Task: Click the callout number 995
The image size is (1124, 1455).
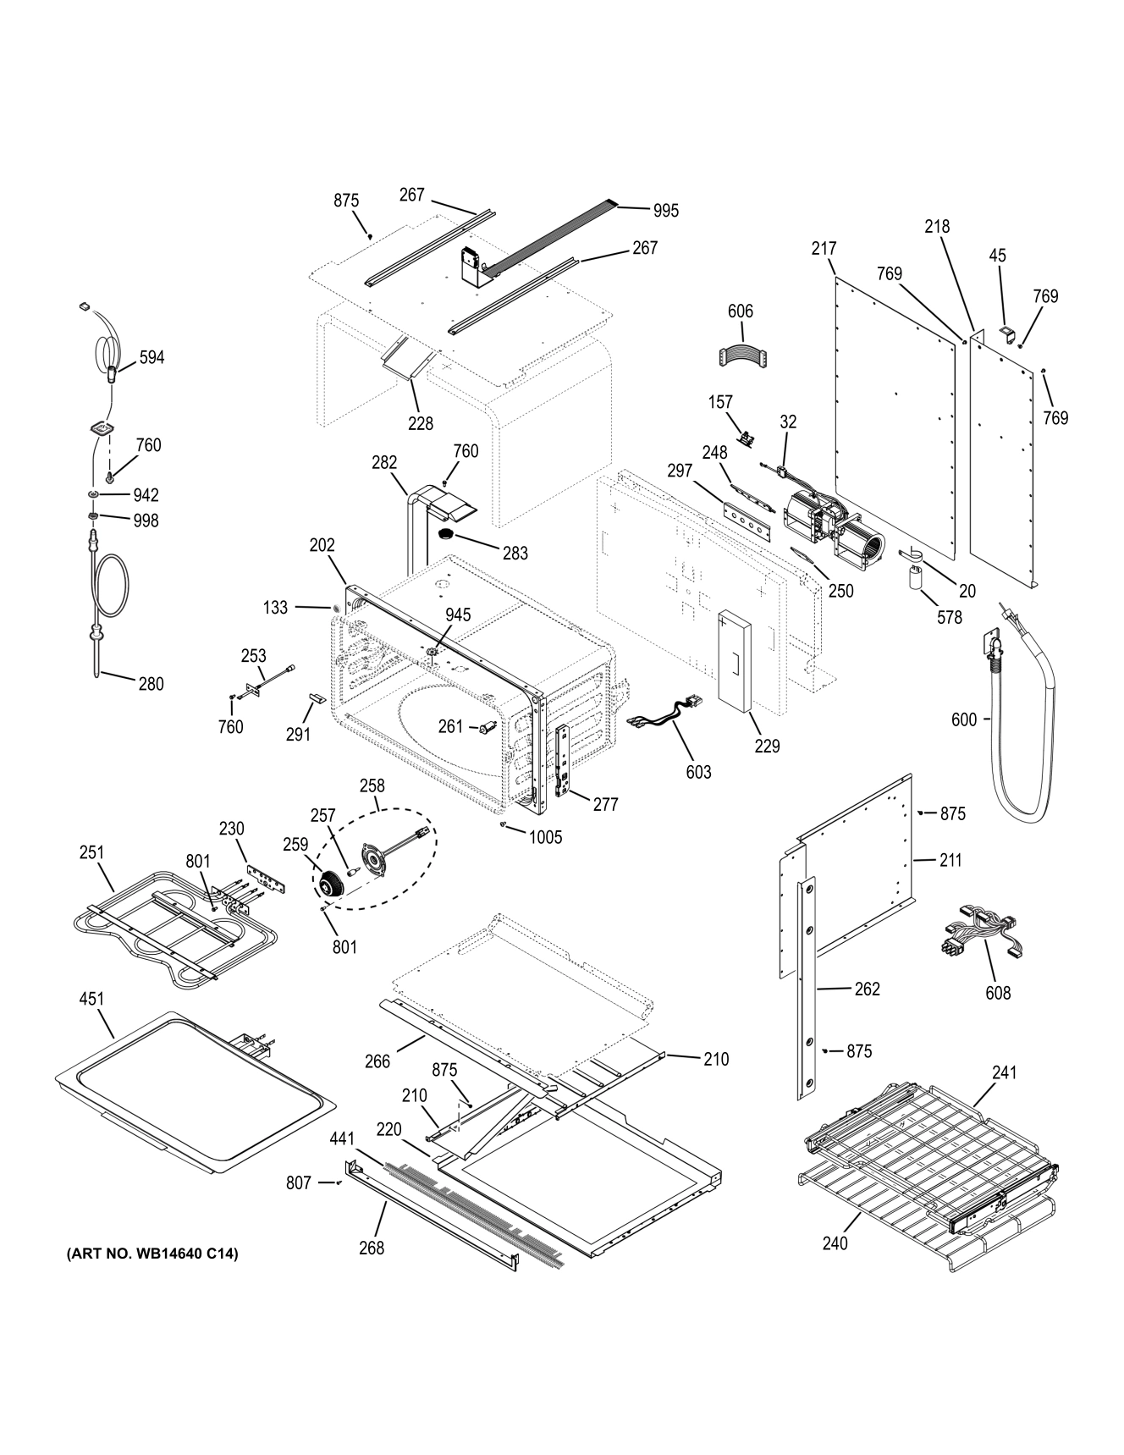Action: pos(666,211)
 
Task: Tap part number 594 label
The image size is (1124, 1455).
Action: pos(152,357)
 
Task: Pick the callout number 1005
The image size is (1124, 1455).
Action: pos(545,837)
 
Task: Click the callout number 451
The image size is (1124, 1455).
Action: pos(91,999)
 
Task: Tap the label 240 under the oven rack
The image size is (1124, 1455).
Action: pos(834,1243)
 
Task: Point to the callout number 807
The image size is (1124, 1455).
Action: pos(298,1183)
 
